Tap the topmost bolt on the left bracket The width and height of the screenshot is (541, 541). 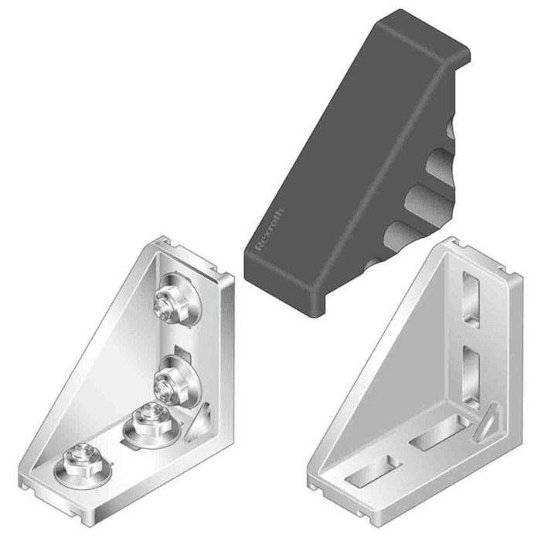click(x=170, y=303)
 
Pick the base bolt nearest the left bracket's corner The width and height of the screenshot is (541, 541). click(x=143, y=423)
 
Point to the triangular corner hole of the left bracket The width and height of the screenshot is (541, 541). click(x=204, y=422)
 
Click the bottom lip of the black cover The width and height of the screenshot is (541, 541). click(x=301, y=301)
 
